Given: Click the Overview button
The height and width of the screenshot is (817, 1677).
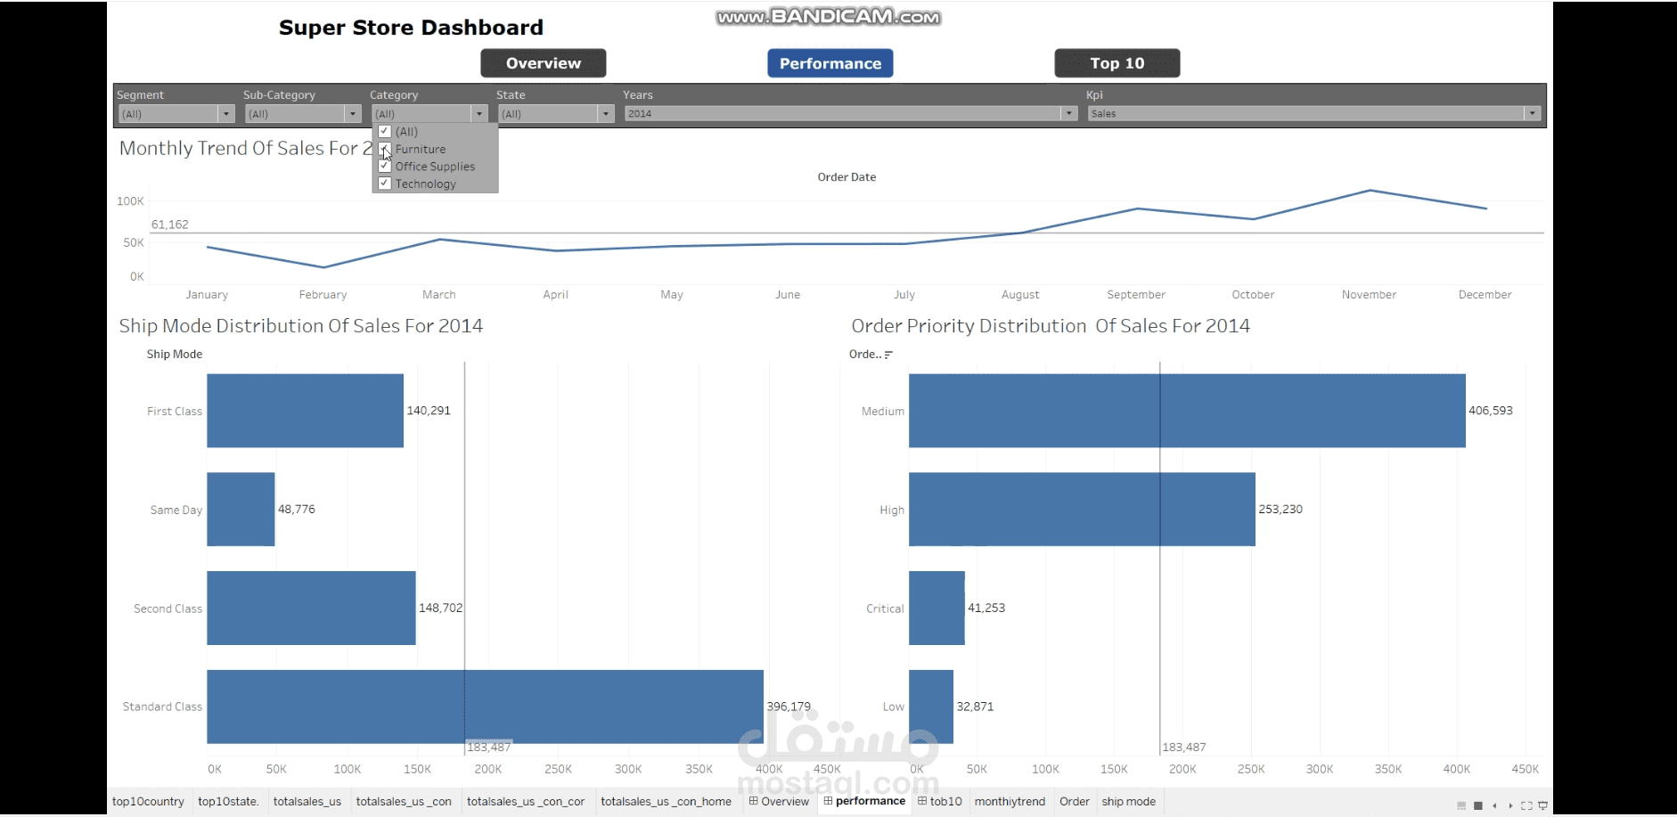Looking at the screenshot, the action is [544, 63].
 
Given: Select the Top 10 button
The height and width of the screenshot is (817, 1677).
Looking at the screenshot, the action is [1117, 63].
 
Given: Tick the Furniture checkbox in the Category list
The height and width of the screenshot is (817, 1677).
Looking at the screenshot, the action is [385, 149].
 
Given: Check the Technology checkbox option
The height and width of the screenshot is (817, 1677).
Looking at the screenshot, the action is [385, 184].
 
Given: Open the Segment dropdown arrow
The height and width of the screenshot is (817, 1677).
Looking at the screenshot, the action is [226, 114].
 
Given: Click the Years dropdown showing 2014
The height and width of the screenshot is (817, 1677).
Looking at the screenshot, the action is [851, 114].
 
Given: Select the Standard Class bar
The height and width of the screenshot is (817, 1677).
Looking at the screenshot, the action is [485, 707].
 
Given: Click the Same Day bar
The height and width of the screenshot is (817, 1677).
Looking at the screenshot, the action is [241, 509].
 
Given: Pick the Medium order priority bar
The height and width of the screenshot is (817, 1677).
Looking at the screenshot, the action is [1187, 411].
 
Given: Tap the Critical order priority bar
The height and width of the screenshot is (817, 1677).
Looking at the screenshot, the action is [937, 608].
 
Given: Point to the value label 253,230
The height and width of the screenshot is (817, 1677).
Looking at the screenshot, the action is [1280, 510].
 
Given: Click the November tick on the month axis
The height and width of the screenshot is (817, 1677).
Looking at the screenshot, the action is [1369, 295].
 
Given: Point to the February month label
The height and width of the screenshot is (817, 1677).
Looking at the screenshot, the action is [323, 295].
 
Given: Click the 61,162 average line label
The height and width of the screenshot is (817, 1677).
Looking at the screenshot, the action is [170, 225].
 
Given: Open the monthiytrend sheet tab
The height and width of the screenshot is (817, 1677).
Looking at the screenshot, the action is [1010, 802].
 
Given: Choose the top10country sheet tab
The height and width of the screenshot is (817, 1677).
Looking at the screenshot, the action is [148, 802].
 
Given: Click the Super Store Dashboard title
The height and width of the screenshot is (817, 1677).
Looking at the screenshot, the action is [411, 28].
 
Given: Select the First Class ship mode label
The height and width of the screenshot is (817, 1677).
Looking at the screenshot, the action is [175, 412].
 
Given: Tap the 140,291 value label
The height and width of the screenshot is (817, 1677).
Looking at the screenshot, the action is [429, 411].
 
